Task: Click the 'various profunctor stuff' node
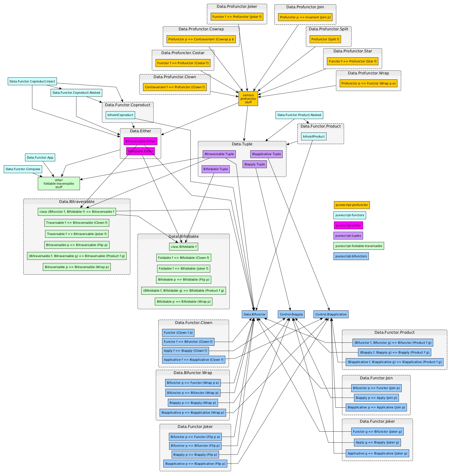[248, 98]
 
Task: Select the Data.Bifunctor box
[254, 314]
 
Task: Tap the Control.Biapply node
[291, 314]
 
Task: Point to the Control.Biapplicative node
[331, 314]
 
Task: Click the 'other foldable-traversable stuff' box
[59, 183]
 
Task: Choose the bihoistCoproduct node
[120, 115]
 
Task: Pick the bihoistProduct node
[313, 136]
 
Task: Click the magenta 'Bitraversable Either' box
[140, 141]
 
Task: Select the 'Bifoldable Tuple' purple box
[215, 169]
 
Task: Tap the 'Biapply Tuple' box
[255, 164]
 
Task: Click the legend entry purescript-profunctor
[352, 205]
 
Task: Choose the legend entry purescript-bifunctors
[351, 256]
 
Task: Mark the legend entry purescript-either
[348, 225]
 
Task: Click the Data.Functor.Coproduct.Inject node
[32, 81]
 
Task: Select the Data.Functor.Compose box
[23, 169]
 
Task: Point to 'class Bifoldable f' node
[183, 247]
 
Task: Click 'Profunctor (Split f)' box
[325, 39]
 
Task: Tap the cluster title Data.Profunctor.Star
[353, 51]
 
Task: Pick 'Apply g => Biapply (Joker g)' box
[377, 442]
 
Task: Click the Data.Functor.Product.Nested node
[299, 115]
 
